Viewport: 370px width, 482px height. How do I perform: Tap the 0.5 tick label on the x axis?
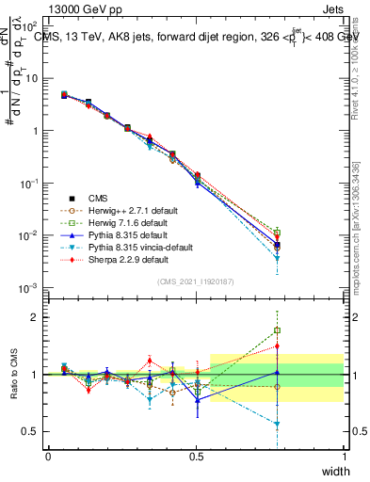[196, 456]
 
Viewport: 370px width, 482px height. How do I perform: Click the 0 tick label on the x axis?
[48, 456]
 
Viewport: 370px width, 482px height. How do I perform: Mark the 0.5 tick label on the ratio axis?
[29, 431]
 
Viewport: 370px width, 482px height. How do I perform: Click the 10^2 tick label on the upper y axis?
[29, 27]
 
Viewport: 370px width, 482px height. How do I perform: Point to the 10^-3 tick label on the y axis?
[29, 287]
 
